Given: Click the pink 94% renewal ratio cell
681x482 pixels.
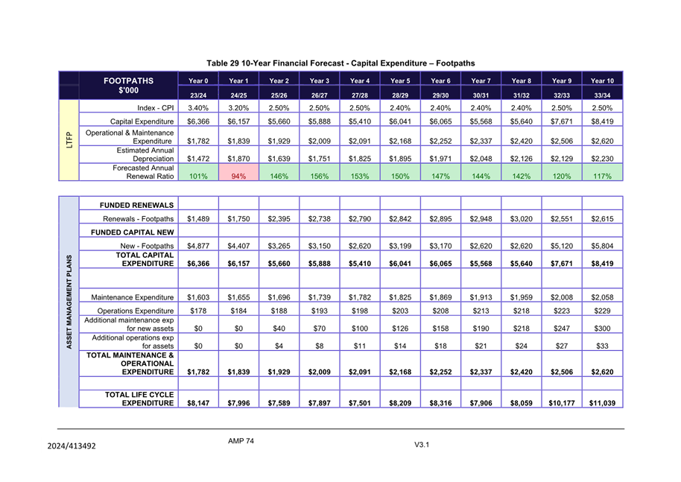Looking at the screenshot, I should coord(238,177).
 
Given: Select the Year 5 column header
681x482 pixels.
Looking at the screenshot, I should coord(400,80).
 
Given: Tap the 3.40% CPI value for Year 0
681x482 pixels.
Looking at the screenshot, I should coord(197,108).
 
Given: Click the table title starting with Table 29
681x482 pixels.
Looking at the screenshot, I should coord(340,63).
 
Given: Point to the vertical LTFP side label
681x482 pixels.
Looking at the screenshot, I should coord(68,140).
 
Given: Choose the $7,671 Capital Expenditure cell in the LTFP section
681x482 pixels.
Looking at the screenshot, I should coord(561,121).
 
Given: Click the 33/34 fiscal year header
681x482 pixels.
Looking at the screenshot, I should coord(602,95).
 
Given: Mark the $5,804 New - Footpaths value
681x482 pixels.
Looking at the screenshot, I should coord(602,246).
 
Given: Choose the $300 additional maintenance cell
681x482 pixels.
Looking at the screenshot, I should coord(602,329).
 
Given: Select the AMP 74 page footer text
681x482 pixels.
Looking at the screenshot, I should coord(241,441).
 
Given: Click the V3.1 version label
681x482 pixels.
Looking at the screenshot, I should coord(422,445).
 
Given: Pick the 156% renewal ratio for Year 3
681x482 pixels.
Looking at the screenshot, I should coord(319,177).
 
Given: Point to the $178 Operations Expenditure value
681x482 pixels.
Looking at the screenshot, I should coord(197,311).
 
